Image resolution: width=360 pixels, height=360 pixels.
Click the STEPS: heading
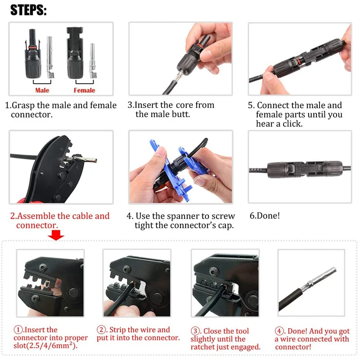pos(28,10)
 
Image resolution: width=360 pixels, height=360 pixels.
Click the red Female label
pos(85,90)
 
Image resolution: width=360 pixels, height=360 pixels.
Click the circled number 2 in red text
pos(103,330)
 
